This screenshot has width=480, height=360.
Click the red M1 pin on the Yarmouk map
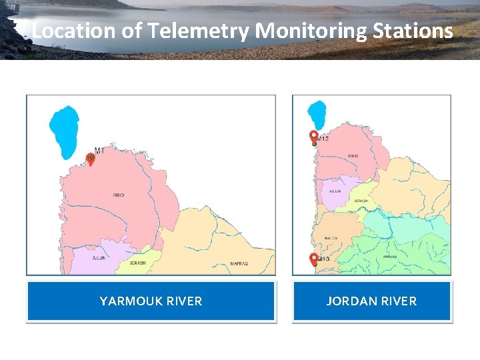click(x=91, y=159)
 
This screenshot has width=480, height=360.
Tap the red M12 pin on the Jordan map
click(x=314, y=137)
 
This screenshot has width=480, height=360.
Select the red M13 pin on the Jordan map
click(x=314, y=258)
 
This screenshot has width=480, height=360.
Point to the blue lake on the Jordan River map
click(x=319, y=114)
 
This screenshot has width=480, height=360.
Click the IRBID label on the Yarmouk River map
click(x=119, y=195)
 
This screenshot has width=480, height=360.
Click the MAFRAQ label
click(x=239, y=264)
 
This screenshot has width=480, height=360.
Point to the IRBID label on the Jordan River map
click(x=353, y=156)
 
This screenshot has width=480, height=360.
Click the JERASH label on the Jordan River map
click(x=361, y=201)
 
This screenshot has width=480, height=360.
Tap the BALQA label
click(x=331, y=238)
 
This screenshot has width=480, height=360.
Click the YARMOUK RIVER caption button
click(x=151, y=301)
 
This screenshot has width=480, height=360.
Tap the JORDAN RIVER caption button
click(x=371, y=301)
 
